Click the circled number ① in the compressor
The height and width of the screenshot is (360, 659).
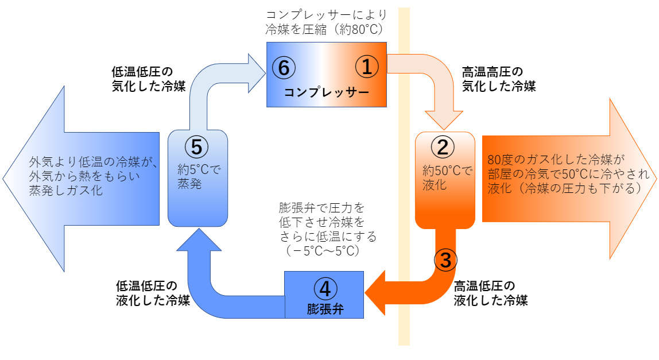pos(367,67)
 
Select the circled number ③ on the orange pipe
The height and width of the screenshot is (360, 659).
pos(446,260)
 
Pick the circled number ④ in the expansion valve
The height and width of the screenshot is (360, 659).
pos(325,285)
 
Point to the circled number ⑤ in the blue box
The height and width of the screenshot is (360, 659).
pos(197,147)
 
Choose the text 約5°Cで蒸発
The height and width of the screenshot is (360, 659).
pos(198,177)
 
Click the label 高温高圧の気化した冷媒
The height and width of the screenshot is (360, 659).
pos(498,79)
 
